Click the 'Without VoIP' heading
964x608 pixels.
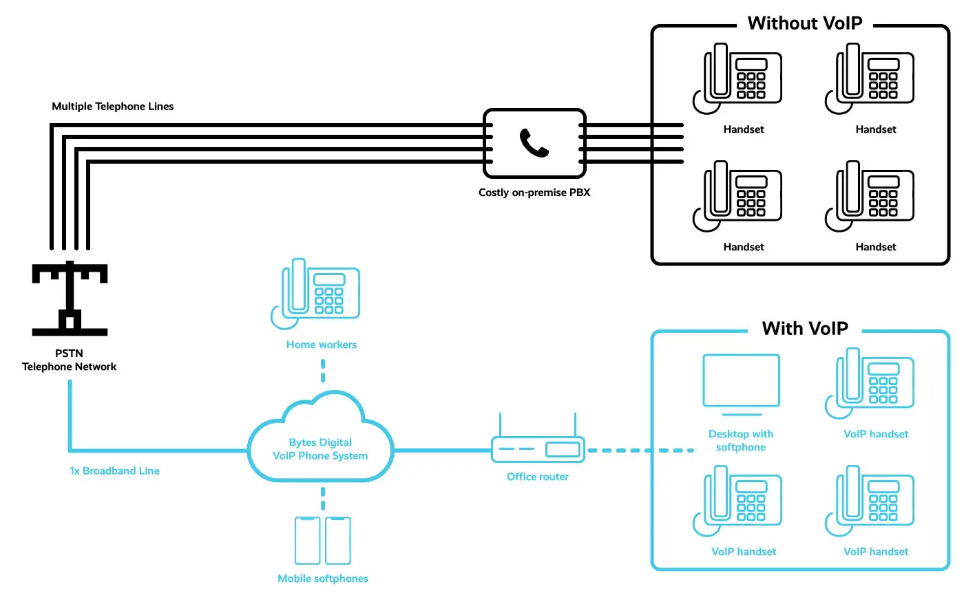point(804,23)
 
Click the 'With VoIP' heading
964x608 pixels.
point(804,329)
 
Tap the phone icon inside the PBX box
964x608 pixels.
point(534,143)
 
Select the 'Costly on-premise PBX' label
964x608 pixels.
point(534,193)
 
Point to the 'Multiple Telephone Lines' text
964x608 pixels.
point(113,107)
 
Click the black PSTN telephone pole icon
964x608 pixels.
point(70,298)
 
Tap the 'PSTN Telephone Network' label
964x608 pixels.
point(69,360)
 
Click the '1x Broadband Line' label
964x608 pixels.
point(114,471)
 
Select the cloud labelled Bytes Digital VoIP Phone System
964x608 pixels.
point(320,440)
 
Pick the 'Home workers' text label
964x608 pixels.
point(322,345)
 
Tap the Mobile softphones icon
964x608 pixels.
point(323,541)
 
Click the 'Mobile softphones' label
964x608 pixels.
point(323,578)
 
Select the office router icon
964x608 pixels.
point(538,448)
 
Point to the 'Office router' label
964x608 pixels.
point(538,477)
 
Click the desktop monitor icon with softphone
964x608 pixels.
point(741,382)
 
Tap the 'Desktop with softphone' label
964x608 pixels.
point(741,440)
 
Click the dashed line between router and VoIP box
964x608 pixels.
point(639,450)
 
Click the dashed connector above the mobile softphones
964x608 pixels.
point(323,499)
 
